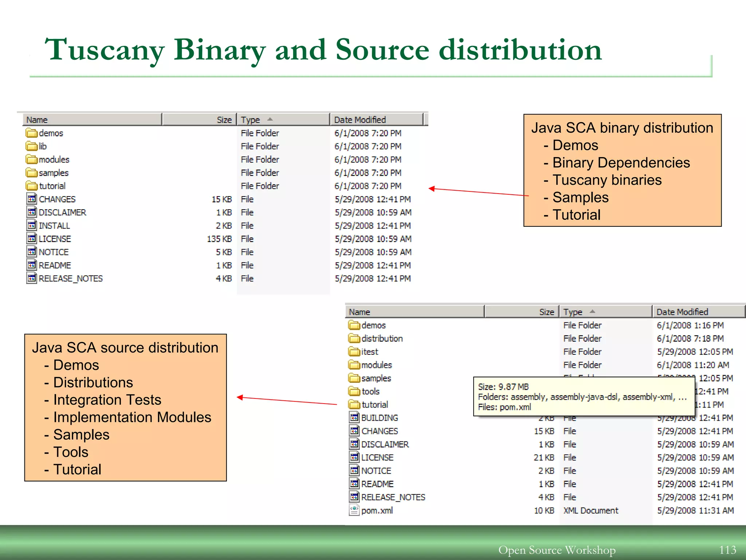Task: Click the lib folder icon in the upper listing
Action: coord(31,146)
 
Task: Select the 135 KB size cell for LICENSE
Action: coord(219,239)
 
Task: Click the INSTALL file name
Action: coord(54,226)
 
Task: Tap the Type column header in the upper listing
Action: coord(251,120)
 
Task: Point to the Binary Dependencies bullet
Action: coord(621,163)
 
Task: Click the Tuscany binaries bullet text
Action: coord(606,180)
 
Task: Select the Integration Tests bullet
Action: coord(107,400)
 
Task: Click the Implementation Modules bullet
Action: coord(132,417)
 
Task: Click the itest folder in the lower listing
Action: coord(369,352)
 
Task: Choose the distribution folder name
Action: coord(382,339)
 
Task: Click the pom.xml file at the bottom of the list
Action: coord(377,510)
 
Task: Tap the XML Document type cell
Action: coord(590,510)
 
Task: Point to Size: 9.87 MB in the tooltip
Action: coord(503,387)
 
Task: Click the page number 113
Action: coord(727,550)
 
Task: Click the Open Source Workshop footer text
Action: coord(557,550)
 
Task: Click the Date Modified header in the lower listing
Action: coord(682,312)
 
